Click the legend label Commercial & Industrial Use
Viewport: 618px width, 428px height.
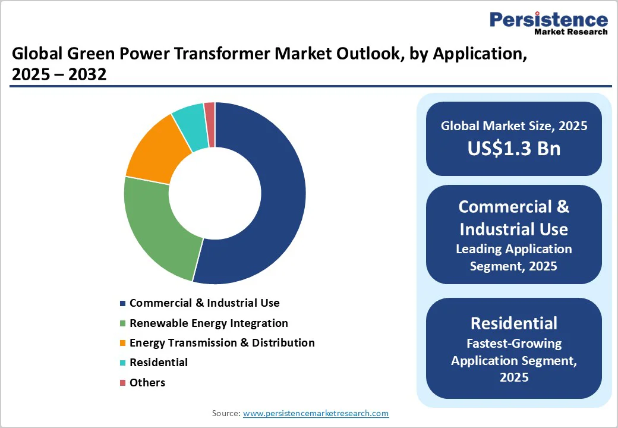204,303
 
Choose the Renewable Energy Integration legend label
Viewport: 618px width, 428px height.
209,323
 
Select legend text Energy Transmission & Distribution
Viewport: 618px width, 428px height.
222,343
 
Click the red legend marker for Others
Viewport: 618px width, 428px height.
123,383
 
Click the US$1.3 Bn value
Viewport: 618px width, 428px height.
513,148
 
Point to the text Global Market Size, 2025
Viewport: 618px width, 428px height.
513,126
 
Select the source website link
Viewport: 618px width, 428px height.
316,413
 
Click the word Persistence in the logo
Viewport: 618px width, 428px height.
548,20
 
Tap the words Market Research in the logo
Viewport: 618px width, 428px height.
571,32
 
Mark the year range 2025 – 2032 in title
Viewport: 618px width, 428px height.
59,75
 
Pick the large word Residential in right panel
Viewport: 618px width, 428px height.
513,323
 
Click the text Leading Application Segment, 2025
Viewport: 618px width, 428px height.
513,257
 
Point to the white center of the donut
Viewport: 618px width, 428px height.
215,193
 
